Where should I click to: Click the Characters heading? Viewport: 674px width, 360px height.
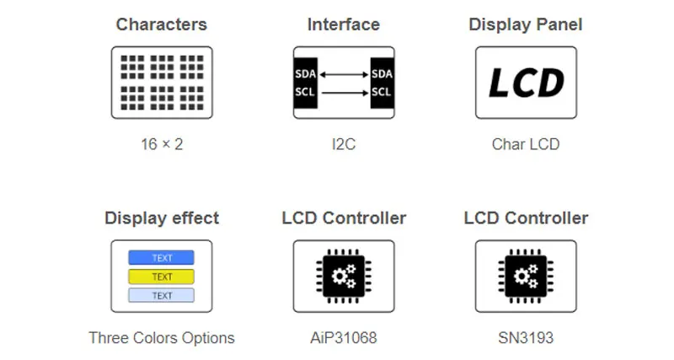(161, 24)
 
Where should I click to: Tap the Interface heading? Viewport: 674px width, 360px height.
(343, 24)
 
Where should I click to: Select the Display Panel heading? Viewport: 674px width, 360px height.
(525, 24)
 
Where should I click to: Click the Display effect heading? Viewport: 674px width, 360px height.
(161, 218)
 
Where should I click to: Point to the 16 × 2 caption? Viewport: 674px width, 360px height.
(161, 144)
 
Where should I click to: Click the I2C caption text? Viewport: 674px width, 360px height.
(343, 144)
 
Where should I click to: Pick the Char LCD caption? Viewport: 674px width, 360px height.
(525, 144)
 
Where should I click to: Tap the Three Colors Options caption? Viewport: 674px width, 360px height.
(161, 338)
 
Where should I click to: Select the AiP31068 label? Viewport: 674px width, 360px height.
(343, 338)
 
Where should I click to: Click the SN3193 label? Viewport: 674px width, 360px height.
(525, 338)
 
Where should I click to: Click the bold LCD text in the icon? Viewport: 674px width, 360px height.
(526, 83)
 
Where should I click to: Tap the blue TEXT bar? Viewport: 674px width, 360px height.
(161, 258)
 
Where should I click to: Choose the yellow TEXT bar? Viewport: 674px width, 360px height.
(161, 277)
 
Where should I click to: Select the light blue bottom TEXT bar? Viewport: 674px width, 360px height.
(161, 295)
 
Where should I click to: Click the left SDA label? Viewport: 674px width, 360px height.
(305, 74)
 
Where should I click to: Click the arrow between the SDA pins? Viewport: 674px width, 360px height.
(343, 74)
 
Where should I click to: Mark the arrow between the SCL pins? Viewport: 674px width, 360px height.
(343, 92)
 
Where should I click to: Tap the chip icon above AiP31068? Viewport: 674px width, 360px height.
(343, 276)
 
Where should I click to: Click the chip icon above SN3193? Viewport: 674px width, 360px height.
(525, 276)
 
